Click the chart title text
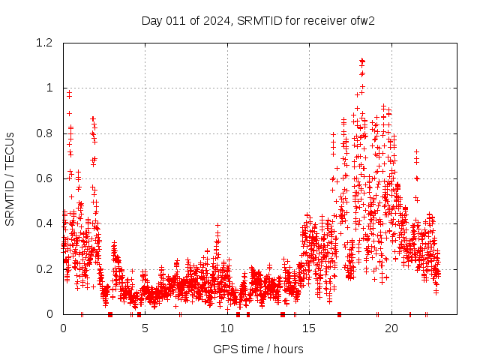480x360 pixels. [258, 20]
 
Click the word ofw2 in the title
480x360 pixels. [361, 20]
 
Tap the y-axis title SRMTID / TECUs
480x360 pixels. [10, 178]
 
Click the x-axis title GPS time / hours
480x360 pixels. [258, 349]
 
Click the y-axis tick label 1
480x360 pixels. [49, 88]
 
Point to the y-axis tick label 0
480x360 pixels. [49, 314]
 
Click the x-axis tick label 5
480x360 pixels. [145, 328]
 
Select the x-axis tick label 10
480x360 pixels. [227, 328]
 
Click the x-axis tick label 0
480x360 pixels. [63, 328]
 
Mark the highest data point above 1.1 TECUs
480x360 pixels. [362, 61]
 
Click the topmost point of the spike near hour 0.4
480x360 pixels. [70, 92]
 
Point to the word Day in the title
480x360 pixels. [152, 20]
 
